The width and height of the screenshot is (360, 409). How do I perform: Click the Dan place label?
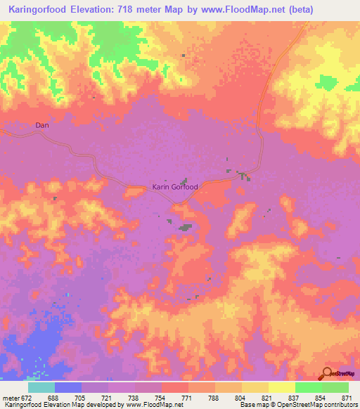point(42,126)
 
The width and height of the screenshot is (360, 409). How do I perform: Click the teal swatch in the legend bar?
point(41,387)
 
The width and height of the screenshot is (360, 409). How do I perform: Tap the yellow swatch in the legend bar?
point(255,387)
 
